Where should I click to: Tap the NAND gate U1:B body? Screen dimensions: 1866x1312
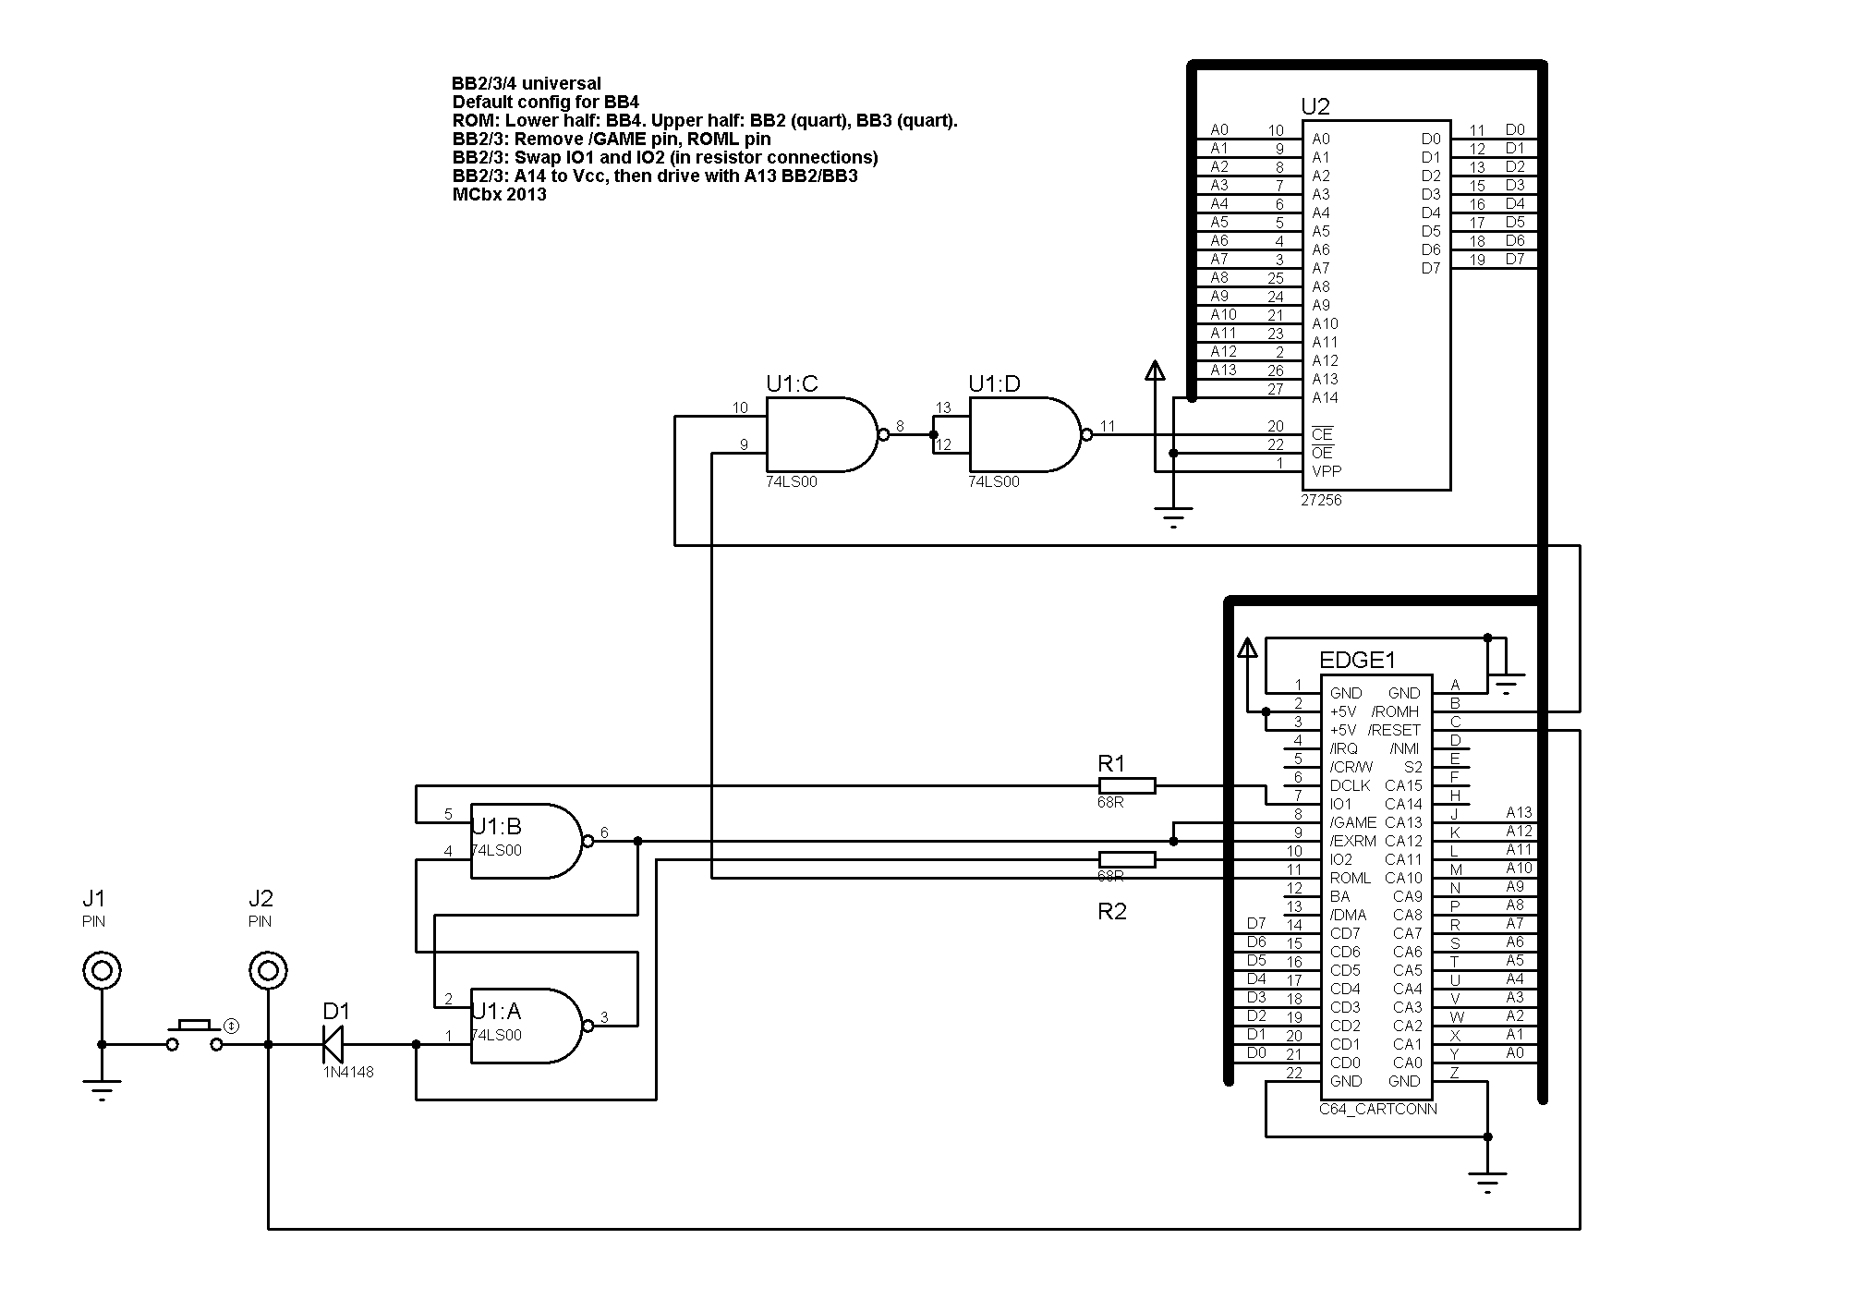click(x=527, y=841)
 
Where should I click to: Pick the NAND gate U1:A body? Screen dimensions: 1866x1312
click(x=527, y=1026)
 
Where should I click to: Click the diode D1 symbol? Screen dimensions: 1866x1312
click(x=333, y=1044)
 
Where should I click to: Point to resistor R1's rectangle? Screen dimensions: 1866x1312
click(x=1127, y=785)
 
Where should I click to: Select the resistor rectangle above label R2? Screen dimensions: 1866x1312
click(x=1127, y=859)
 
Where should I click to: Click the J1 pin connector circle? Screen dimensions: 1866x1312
click(x=102, y=970)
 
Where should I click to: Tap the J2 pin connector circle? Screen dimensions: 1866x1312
click(x=268, y=970)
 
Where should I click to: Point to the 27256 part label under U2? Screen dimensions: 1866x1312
click(x=1321, y=500)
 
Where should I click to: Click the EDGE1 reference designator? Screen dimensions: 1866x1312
click(x=1357, y=660)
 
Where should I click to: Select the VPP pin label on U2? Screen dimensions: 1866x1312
click(x=1326, y=471)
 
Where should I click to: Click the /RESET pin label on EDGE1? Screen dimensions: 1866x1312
click(x=1394, y=730)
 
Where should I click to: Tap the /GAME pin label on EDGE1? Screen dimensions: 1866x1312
click(x=1352, y=822)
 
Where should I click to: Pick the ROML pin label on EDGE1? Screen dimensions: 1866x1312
click(x=1351, y=878)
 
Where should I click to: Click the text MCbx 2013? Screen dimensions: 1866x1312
click(x=499, y=195)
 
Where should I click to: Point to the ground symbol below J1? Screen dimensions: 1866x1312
click(x=102, y=1090)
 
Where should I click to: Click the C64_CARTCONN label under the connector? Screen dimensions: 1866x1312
click(x=1378, y=1109)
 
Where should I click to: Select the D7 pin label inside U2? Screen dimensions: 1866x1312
click(x=1431, y=268)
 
